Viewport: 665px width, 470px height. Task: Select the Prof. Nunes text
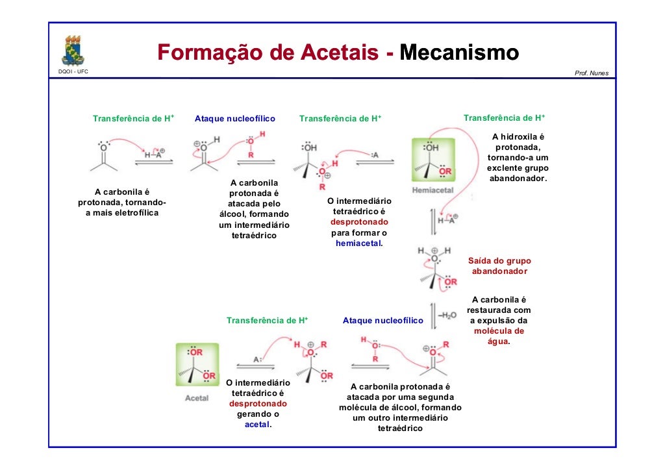[x=592, y=73]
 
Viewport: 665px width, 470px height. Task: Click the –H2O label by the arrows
[x=447, y=315]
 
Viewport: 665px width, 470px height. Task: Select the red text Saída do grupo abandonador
[x=499, y=266]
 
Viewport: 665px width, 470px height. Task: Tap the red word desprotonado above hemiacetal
[x=359, y=222]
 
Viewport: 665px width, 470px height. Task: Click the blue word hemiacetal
[x=358, y=243]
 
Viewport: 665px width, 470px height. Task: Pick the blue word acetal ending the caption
[x=257, y=425]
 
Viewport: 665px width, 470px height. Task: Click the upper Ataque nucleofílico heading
[x=235, y=119]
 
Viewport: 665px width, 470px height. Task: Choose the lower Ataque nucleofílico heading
[x=383, y=321]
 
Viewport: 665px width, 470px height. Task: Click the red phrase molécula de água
[x=499, y=336]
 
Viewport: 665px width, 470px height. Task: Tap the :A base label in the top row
[x=374, y=155]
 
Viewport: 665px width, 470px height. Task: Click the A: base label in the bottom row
[x=257, y=359]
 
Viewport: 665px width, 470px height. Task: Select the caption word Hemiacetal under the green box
[x=433, y=191]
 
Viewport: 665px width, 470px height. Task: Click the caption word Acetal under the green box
[x=197, y=398]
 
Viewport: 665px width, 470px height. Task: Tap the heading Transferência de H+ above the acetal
[x=267, y=321]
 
